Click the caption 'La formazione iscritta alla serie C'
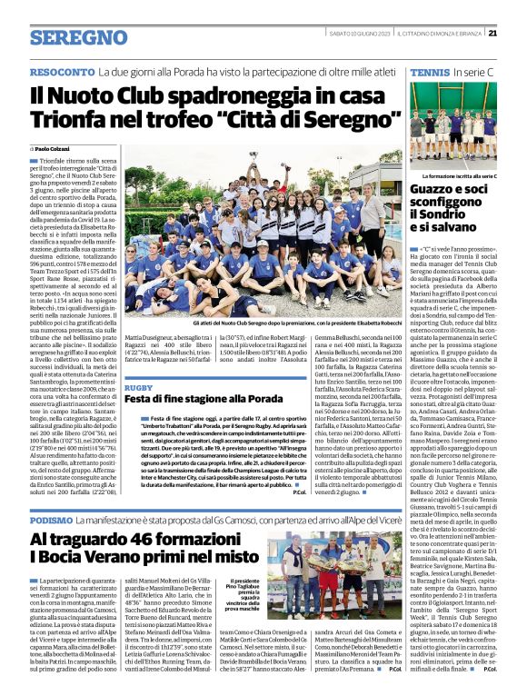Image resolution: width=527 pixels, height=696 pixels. (x=460, y=174)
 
